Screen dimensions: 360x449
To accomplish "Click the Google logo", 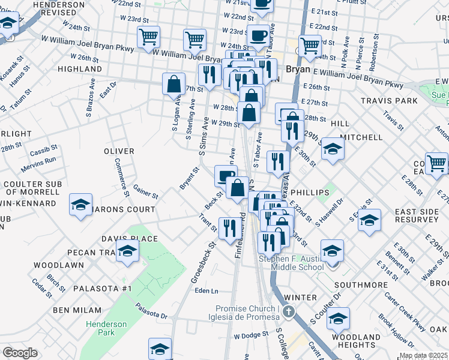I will coord(20,353).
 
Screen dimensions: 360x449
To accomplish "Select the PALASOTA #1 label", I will coord(101,289).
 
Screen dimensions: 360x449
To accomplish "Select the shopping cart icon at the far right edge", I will coord(436,162).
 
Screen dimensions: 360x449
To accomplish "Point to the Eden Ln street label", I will coord(206,291).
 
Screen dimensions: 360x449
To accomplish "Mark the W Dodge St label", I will coord(251,336).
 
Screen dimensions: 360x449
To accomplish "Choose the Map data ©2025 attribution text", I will coord(424,356).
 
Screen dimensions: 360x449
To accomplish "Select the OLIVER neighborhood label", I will coord(118,151).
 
